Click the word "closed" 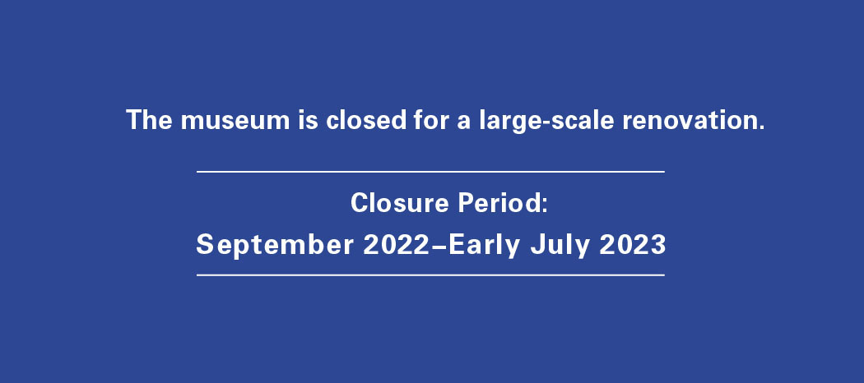click(x=366, y=119)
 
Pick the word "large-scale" click(x=546, y=122)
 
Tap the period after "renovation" click(x=761, y=128)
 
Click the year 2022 click(x=396, y=244)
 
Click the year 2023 click(x=633, y=244)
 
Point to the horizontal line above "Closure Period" click(x=430, y=172)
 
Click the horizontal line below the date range click(x=430, y=275)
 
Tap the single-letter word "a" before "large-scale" click(x=464, y=122)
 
